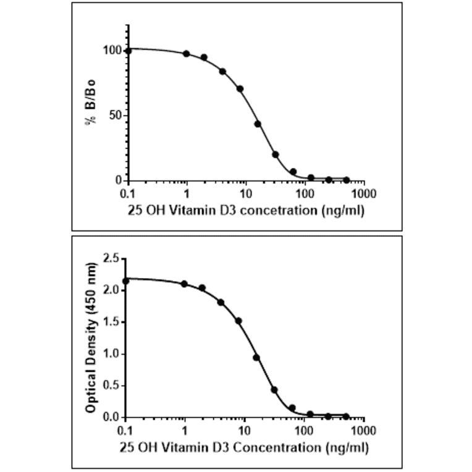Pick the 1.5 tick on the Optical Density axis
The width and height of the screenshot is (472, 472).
point(111,322)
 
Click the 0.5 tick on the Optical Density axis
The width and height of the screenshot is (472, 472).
point(111,386)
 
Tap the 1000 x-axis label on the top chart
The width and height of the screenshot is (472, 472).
point(363,194)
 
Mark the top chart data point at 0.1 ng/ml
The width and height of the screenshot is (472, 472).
point(128,51)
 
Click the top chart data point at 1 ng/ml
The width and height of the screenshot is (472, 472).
point(187,54)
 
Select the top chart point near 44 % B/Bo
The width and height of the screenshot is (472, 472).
point(258,124)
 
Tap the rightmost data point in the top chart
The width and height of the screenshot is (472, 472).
point(346,180)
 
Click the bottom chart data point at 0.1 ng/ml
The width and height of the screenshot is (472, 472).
point(126,281)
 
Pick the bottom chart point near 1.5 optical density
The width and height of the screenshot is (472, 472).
point(238,321)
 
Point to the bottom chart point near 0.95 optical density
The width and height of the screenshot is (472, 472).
point(256,357)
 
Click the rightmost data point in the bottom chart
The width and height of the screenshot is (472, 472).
point(346,416)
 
